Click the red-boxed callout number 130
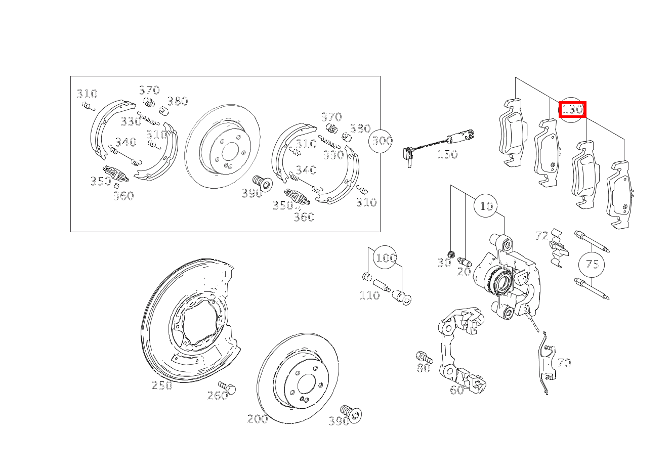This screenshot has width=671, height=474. click(x=572, y=109)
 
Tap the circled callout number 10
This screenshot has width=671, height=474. click(x=486, y=206)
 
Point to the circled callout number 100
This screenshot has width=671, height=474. click(x=386, y=258)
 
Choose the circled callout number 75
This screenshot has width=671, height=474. click(x=592, y=264)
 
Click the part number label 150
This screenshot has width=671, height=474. click(x=447, y=154)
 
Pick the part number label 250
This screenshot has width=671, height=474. click(x=162, y=385)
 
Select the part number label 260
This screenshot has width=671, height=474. click(x=218, y=396)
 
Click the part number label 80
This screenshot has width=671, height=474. click(x=424, y=368)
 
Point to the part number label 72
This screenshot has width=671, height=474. click(x=542, y=236)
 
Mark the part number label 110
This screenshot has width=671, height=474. click(x=369, y=295)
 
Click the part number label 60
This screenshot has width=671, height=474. click(x=457, y=390)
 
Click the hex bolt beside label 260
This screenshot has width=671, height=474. click(x=227, y=388)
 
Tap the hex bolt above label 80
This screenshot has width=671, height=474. click(x=424, y=357)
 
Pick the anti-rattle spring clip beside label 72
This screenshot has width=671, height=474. click(x=559, y=247)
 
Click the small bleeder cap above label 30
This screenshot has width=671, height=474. click(x=451, y=254)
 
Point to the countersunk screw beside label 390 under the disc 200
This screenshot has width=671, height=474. click(x=351, y=414)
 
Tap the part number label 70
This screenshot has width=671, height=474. click(x=564, y=363)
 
